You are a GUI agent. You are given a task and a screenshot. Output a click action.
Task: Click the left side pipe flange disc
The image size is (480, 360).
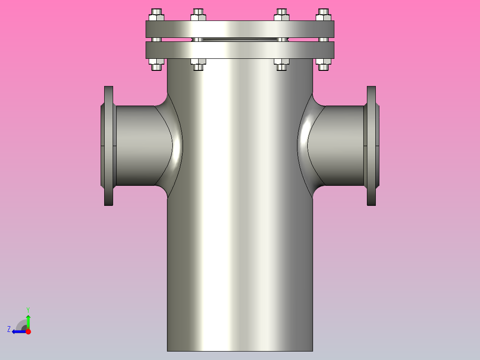(x=109, y=146)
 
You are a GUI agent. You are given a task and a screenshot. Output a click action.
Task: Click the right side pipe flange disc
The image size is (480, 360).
(x=371, y=146)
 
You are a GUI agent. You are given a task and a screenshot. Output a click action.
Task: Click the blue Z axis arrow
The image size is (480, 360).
(x=17, y=331)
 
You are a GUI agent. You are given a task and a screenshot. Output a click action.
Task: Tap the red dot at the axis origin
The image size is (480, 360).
(x=28, y=331)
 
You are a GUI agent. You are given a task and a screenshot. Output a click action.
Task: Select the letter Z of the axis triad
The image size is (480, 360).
(x=9, y=329)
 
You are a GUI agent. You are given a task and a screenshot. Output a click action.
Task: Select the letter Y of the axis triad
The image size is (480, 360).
(x=28, y=309)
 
